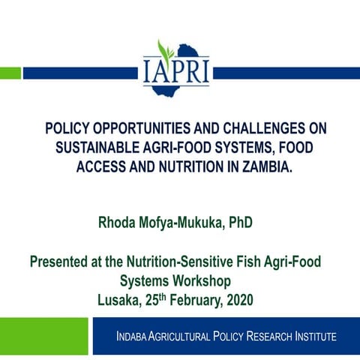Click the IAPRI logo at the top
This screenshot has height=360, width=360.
(177, 70)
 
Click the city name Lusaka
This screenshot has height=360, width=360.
(121, 299)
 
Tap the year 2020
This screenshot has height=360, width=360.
(238, 299)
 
